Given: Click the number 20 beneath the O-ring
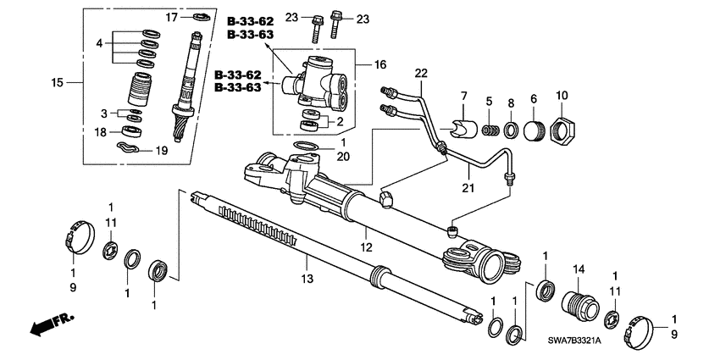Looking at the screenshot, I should (x=319, y=158).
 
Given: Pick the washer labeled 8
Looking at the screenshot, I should (x=512, y=130).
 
